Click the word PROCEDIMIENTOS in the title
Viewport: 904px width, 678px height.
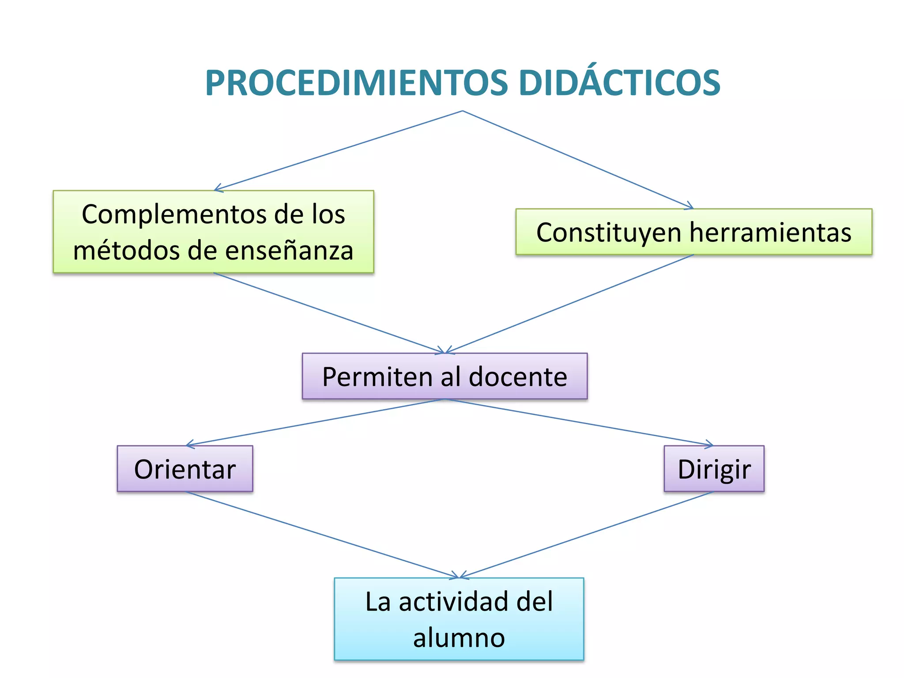tap(357, 83)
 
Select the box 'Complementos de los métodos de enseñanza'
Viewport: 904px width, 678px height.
tap(213, 232)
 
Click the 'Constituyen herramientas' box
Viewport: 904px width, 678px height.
tap(693, 232)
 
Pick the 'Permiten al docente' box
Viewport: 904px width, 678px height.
tap(444, 377)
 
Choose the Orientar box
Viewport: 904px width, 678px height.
tap(185, 469)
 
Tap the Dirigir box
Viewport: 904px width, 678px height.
tap(714, 469)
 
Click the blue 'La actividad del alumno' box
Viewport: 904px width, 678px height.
tap(459, 619)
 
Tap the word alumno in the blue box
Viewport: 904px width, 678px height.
tap(459, 638)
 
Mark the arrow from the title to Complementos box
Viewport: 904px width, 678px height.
tap(338, 151)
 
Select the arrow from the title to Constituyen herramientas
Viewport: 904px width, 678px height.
tap(578, 159)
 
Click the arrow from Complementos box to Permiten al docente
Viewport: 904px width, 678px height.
tap(329, 313)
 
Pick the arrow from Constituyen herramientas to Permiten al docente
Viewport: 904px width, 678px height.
tap(569, 304)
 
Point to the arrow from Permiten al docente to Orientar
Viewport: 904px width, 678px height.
tap(316, 422)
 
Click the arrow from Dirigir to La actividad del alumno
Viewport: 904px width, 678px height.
tap(587, 535)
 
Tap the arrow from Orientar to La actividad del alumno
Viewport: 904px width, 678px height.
tap(322, 535)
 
